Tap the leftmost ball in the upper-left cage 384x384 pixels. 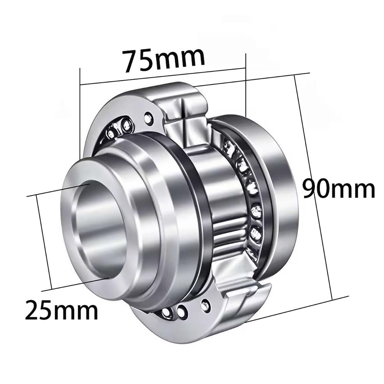pos(112,133)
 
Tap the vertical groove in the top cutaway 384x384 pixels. pos(185,109)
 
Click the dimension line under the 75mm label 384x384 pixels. pos(163,76)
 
